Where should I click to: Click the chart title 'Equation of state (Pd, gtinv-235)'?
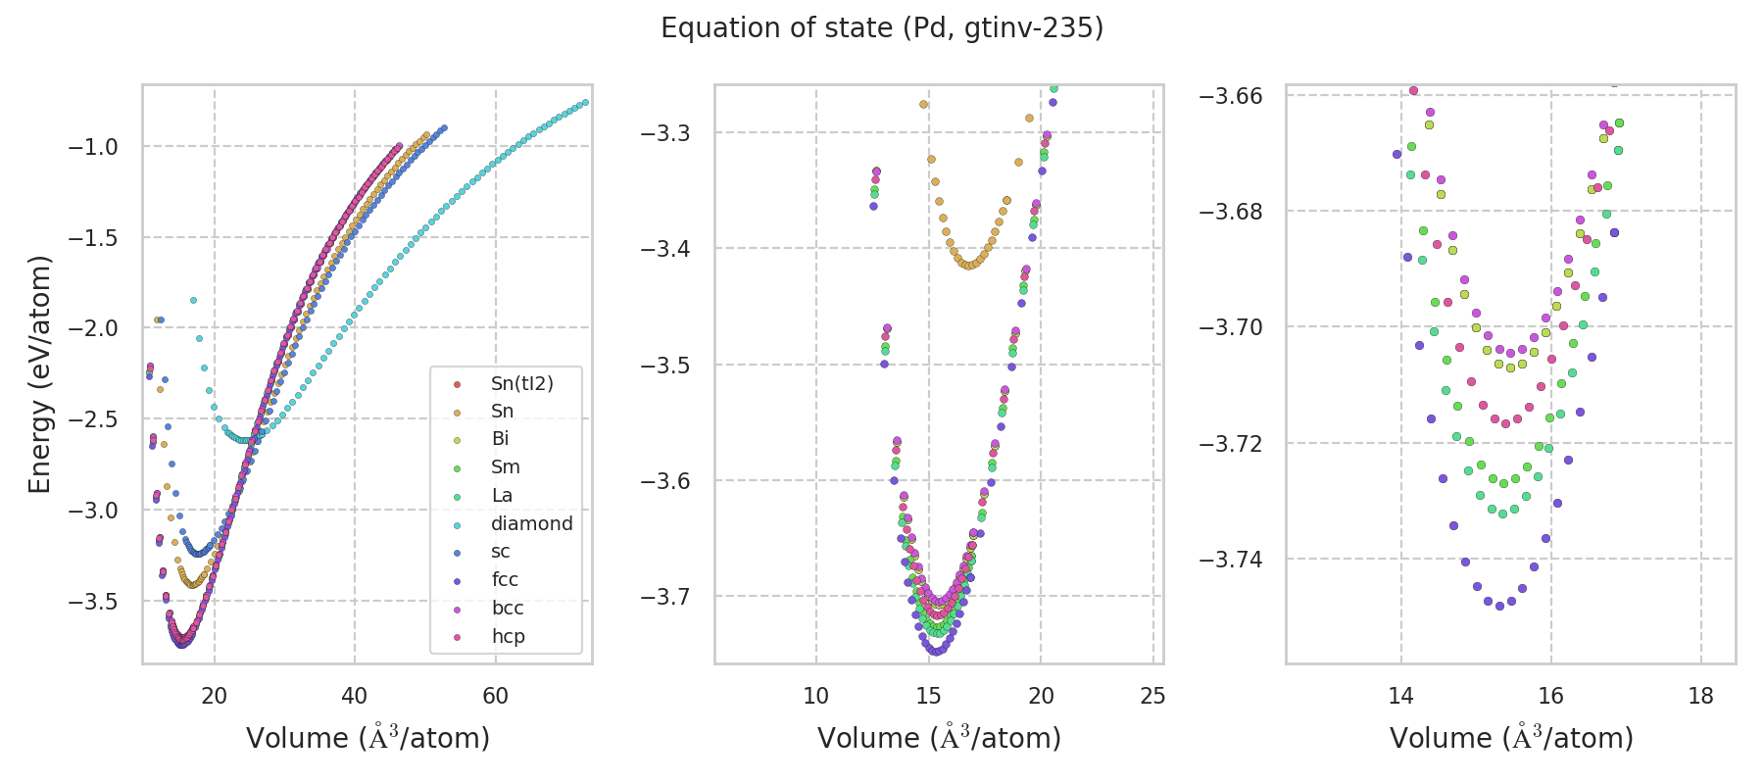click(x=882, y=28)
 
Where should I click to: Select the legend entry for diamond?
click(x=531, y=523)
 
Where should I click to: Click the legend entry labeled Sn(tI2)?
click(x=521, y=383)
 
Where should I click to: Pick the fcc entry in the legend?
click(x=505, y=580)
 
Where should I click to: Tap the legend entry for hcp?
click(x=508, y=637)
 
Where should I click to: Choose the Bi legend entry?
click(x=500, y=439)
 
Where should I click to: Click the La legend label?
click(x=502, y=496)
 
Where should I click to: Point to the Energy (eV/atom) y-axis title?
click(x=39, y=374)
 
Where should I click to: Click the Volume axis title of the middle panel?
click(x=939, y=738)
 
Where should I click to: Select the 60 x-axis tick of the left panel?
click(x=495, y=696)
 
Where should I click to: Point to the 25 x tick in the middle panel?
click(x=1153, y=696)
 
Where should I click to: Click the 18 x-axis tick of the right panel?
click(x=1701, y=696)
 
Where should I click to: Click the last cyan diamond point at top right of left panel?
click(x=585, y=102)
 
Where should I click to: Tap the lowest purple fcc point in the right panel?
click(x=1499, y=606)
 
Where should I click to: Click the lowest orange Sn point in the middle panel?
click(x=970, y=266)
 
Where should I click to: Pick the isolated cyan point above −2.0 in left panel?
click(x=193, y=300)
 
